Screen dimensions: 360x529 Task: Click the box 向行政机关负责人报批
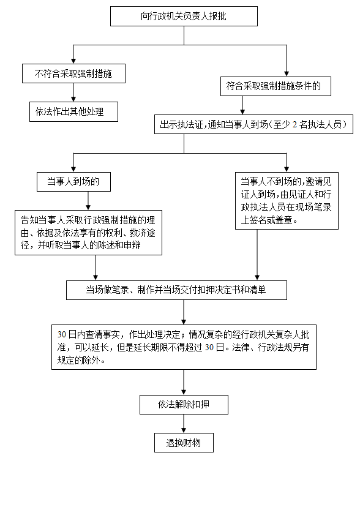click(x=184, y=16)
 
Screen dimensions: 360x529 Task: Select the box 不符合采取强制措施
click(x=73, y=73)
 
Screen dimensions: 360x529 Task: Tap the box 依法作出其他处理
click(x=73, y=111)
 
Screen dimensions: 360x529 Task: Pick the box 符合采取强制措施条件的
click(x=276, y=86)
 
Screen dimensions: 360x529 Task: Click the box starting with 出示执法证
click(x=253, y=124)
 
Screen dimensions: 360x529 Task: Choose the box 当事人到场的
click(x=73, y=182)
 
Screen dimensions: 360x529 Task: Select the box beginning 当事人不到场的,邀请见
click(x=287, y=201)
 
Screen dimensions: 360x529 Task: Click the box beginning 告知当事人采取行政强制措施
click(x=88, y=233)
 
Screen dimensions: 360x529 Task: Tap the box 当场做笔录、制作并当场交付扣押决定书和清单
click(x=176, y=290)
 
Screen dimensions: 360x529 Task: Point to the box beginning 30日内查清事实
click(x=184, y=347)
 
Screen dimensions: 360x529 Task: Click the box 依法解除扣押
click(x=184, y=405)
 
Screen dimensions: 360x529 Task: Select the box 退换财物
click(x=184, y=443)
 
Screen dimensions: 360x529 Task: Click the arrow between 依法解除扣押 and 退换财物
click(x=184, y=424)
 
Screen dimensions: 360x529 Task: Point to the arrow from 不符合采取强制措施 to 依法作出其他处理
click(x=73, y=92)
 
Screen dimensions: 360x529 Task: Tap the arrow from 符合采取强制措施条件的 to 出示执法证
click(x=242, y=105)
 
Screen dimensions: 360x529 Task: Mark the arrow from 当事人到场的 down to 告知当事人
click(x=88, y=201)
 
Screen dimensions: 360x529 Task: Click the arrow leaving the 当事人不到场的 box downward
click(x=257, y=255)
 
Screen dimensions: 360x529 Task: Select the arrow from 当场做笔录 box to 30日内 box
click(x=184, y=312)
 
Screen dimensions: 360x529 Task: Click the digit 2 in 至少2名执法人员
click(x=295, y=125)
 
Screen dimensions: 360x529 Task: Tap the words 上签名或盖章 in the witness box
click(x=266, y=220)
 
